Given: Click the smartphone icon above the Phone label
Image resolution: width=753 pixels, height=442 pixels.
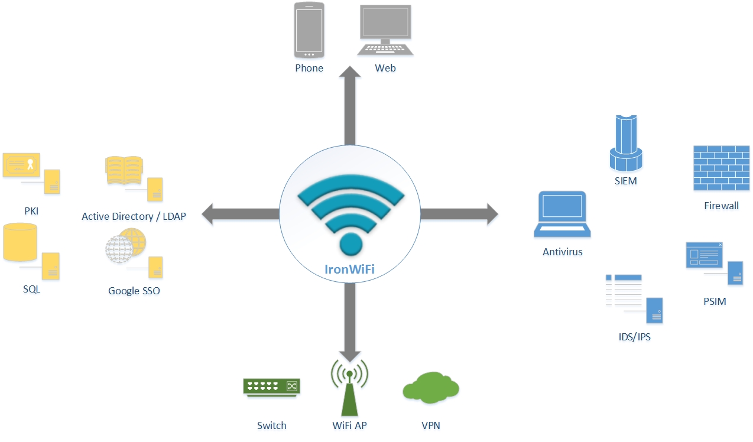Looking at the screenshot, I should [309, 30].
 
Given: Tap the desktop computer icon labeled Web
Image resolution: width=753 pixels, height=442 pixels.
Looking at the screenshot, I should [385, 30].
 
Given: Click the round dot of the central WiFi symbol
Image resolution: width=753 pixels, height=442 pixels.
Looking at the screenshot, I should [350, 243].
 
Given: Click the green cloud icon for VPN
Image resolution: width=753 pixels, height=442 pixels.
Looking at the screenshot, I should [431, 388].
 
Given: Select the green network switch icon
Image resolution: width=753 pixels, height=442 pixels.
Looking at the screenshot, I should [271, 386].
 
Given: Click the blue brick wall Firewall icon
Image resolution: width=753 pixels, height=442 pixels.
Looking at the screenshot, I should [721, 168].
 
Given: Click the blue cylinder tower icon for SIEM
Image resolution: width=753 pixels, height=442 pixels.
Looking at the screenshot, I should [625, 142].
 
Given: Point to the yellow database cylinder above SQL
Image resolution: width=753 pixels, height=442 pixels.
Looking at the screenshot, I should [20, 242].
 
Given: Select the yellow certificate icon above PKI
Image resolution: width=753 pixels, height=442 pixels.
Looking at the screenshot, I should [21, 165].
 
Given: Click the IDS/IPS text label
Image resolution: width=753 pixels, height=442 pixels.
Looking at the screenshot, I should [634, 337].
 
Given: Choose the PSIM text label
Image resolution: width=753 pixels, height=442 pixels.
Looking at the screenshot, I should [715, 301].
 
